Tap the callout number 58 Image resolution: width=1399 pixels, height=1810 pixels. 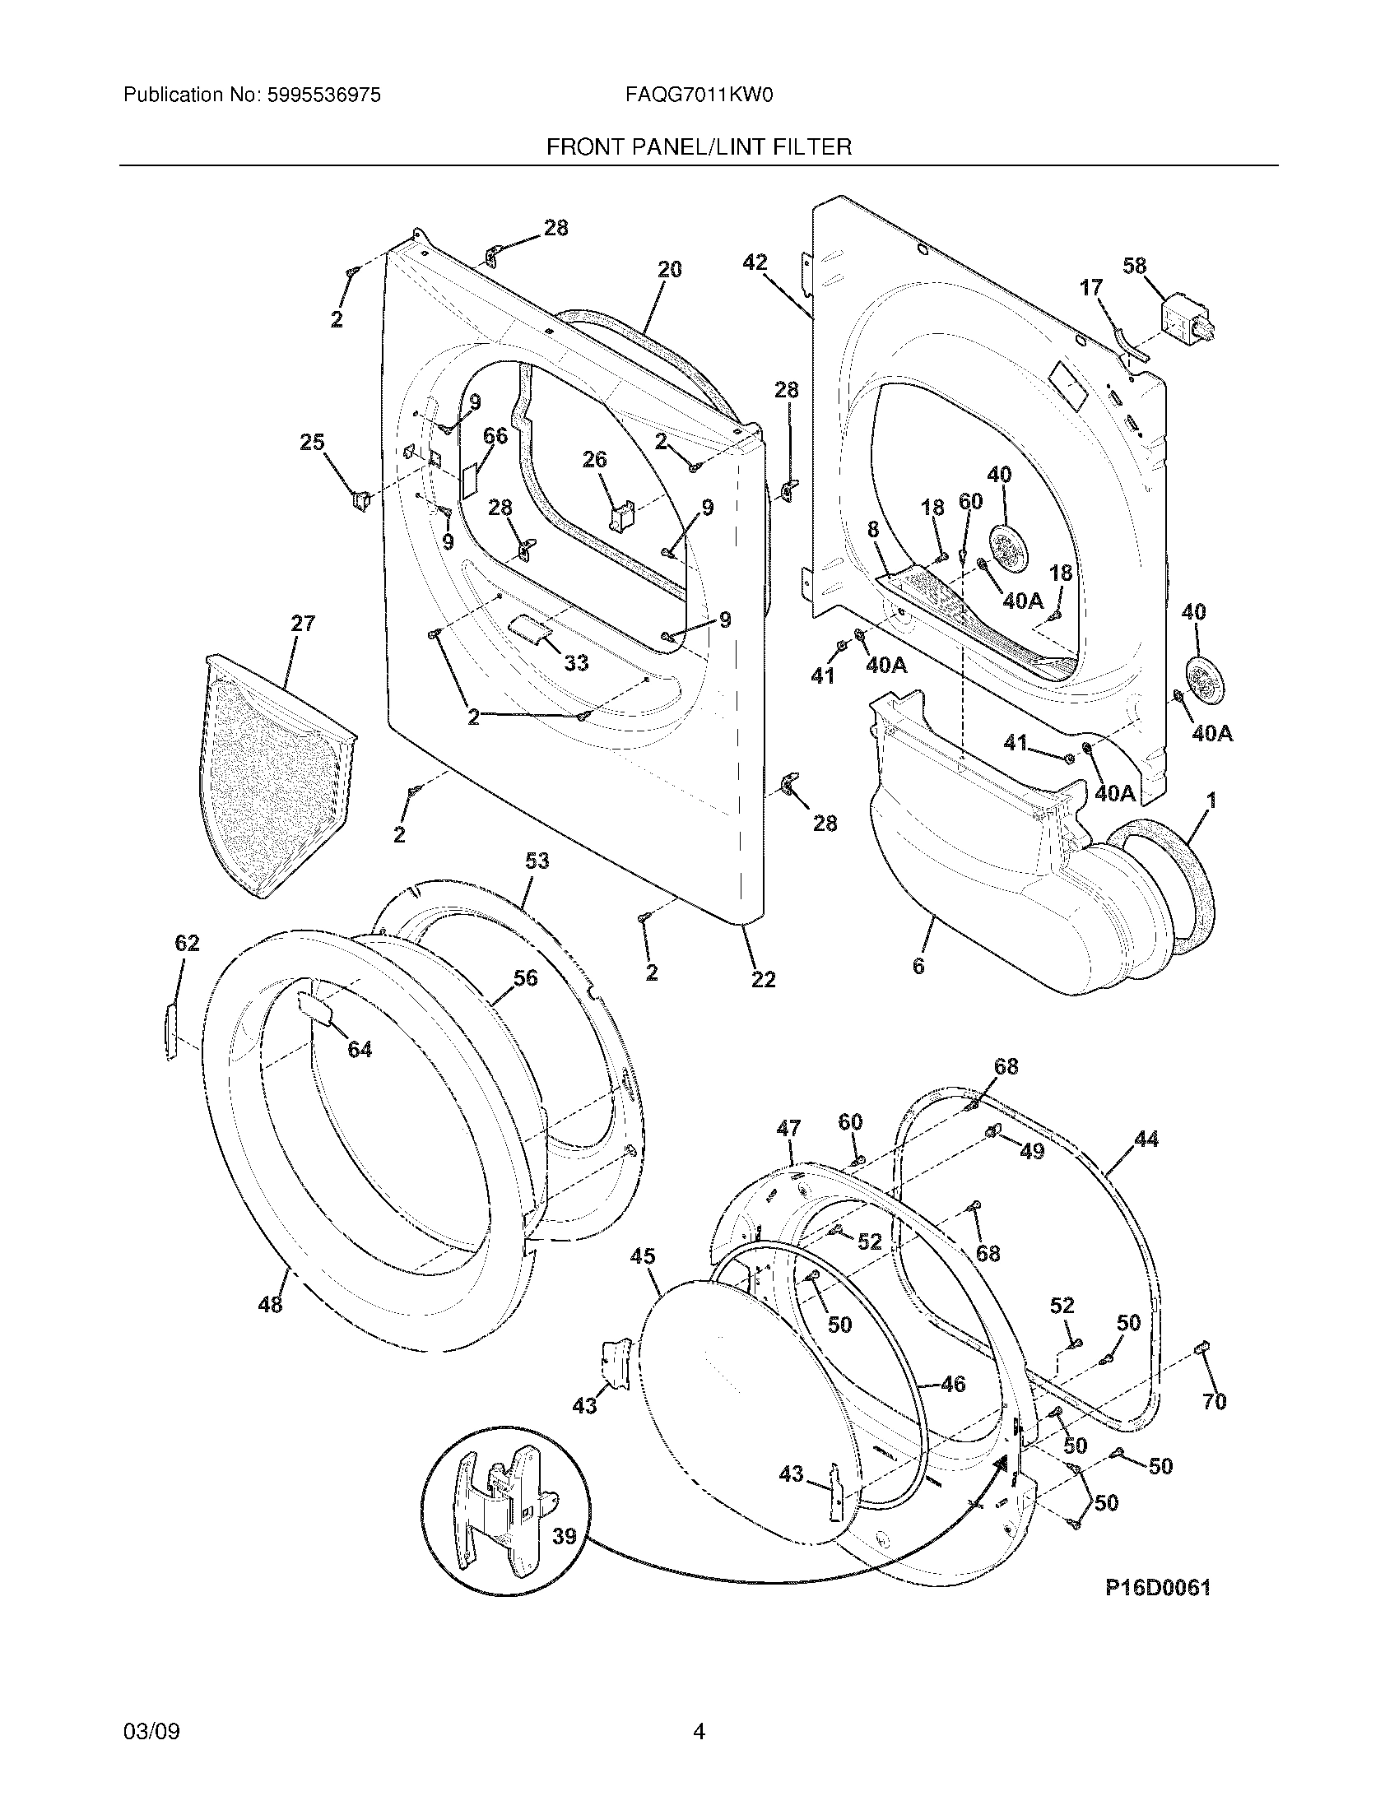[x=1134, y=266]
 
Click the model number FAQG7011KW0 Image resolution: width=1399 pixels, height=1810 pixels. [x=699, y=95]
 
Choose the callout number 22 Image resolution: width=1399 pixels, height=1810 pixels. [x=763, y=979]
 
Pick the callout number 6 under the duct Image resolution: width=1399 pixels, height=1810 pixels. [x=918, y=967]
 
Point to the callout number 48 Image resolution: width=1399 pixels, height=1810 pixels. [x=270, y=1305]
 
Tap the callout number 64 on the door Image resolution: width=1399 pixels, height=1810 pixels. [x=359, y=1049]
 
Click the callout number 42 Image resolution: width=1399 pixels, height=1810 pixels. [x=754, y=262]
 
